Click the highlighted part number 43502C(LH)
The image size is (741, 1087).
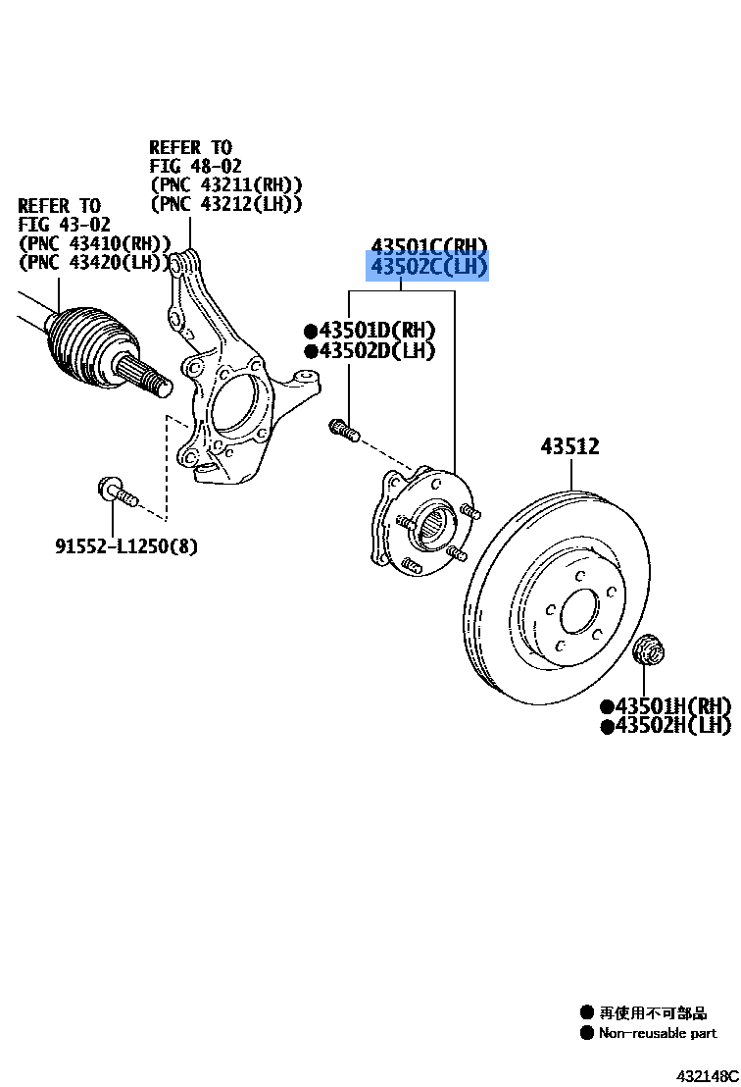click(x=427, y=267)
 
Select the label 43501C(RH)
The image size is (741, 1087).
click(x=428, y=245)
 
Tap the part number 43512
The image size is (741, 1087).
click(x=569, y=446)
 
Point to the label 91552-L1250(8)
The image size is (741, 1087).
click(x=125, y=545)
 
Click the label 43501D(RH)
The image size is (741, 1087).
click(x=370, y=330)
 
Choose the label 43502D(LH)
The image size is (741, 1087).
click(x=370, y=350)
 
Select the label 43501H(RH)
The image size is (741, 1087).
click(x=667, y=705)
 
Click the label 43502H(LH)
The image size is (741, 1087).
click(x=667, y=726)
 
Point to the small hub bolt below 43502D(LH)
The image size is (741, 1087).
click(x=343, y=430)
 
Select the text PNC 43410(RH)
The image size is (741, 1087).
click(x=95, y=243)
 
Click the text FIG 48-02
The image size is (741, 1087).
click(x=195, y=166)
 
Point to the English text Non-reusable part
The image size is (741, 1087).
click(x=657, y=1033)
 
